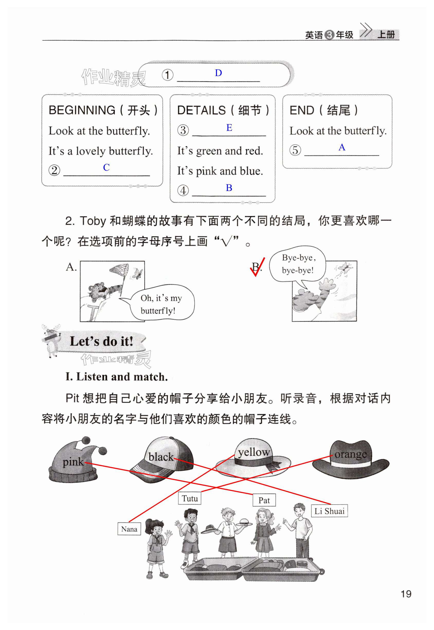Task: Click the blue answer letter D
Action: click(218, 73)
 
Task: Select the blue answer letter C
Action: click(106, 167)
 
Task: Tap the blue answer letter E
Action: click(229, 127)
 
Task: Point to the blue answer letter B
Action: click(229, 188)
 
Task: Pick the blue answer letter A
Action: click(342, 147)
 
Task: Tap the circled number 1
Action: click(168, 75)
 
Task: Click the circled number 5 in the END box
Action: click(295, 150)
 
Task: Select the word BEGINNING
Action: click(82, 110)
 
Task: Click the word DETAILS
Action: click(202, 110)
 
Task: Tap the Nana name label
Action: click(129, 529)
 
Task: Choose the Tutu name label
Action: click(190, 498)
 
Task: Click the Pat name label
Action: click(264, 500)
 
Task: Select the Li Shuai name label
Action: click(329, 511)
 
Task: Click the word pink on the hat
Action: click(73, 462)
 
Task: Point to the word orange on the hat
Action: click(350, 454)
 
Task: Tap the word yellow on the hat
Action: click(254, 452)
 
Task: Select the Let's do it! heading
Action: click(102, 341)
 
